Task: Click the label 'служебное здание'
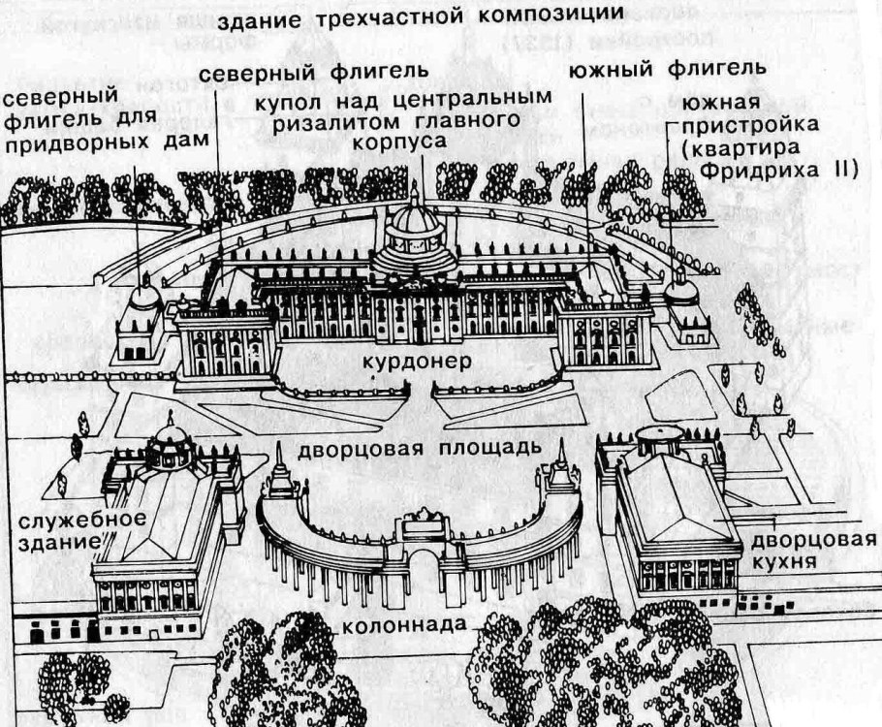pos(61,531)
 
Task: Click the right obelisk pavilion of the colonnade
pos(560,475)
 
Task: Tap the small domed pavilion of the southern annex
pos(681,291)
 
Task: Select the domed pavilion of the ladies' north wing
pos(143,296)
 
